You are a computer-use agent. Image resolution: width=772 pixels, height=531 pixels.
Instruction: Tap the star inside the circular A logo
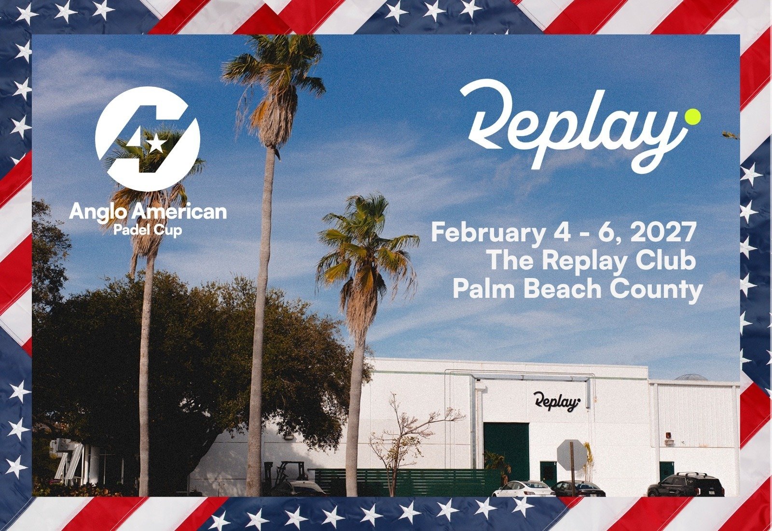(155, 143)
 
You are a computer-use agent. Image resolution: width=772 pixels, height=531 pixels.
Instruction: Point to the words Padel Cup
(148, 230)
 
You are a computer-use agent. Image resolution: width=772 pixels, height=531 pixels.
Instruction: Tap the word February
(487, 233)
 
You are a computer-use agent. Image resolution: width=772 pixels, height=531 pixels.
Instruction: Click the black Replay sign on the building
(556, 402)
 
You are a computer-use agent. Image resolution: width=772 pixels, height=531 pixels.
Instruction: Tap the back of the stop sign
(572, 454)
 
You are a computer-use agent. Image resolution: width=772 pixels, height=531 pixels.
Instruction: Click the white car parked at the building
(524, 489)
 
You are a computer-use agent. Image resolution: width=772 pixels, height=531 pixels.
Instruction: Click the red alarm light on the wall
(668, 435)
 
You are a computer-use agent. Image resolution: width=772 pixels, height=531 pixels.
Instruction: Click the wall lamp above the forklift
(289, 436)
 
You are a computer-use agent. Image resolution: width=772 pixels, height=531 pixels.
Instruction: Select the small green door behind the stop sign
(548, 472)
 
